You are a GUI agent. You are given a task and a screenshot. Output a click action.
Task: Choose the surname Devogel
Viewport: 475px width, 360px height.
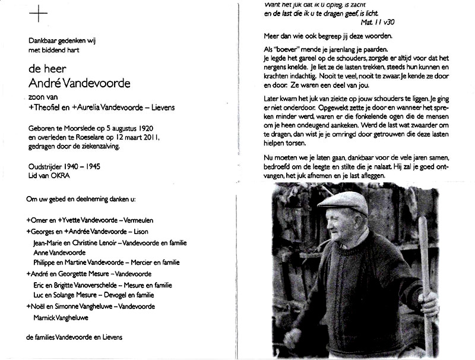(x=121, y=295)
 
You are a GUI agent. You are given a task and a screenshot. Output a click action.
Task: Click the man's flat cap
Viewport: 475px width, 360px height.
(x=344, y=203)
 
